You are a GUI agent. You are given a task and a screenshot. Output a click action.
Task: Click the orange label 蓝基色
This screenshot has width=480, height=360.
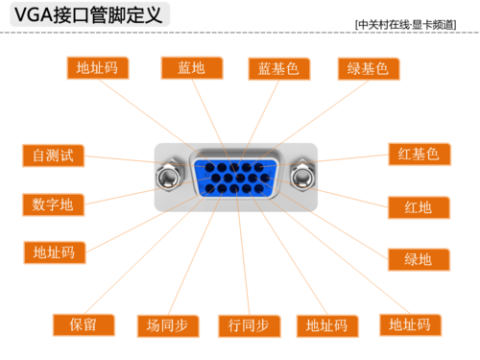pyautogui.click(x=278, y=68)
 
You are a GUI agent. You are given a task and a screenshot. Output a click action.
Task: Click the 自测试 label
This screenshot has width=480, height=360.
pyautogui.click(x=54, y=154)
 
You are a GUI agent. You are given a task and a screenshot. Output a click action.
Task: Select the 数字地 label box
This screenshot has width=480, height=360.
pyautogui.click(x=54, y=204)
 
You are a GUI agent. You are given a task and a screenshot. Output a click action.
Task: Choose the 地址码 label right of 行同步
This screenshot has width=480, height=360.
pyautogui.click(x=326, y=324)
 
